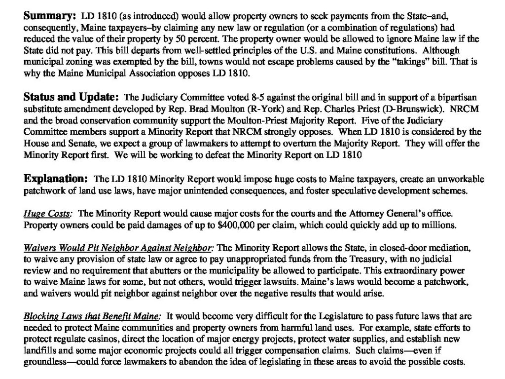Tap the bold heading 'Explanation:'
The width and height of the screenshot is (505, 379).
pyautogui.click(x=55, y=178)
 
